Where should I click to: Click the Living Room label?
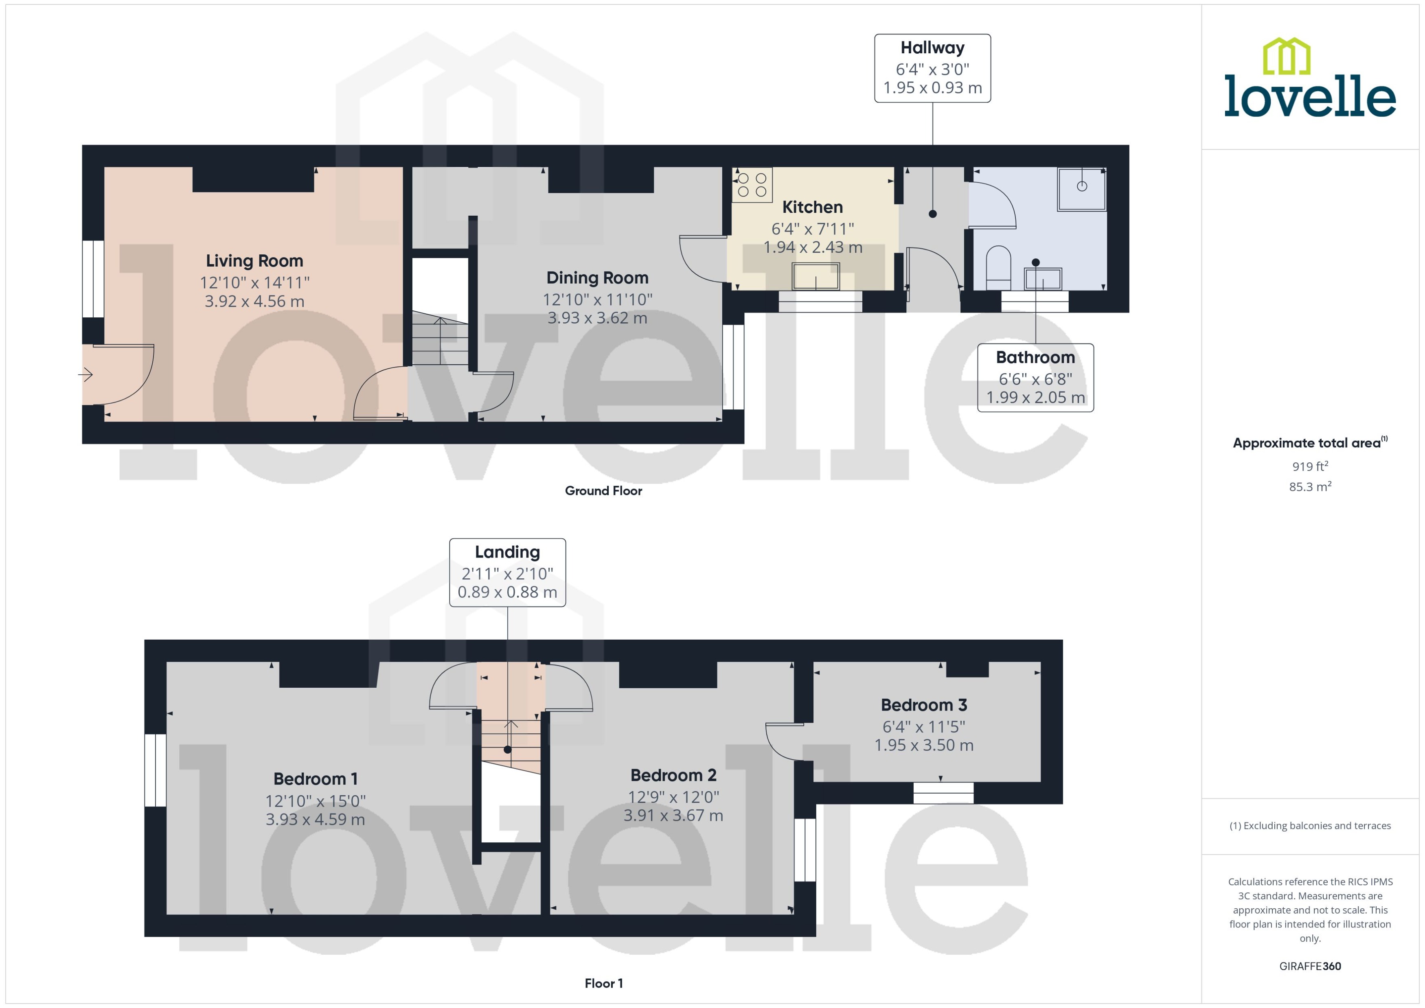pos(254,261)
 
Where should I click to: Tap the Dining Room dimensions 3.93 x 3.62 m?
pos(597,318)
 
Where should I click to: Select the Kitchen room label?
pos(812,207)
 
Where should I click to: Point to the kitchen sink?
pos(815,276)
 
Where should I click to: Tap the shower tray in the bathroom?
pos(1082,188)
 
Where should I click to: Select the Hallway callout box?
pos(932,68)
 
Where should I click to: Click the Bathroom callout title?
pos(1035,358)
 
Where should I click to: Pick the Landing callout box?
pos(507,572)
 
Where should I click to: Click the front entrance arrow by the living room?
pos(85,374)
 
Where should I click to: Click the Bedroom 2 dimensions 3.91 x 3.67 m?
pos(673,816)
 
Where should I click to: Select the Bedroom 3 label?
pos(923,705)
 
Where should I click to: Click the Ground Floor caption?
pos(603,491)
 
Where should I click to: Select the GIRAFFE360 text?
pos(1309,966)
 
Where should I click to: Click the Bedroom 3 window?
pos(943,793)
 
